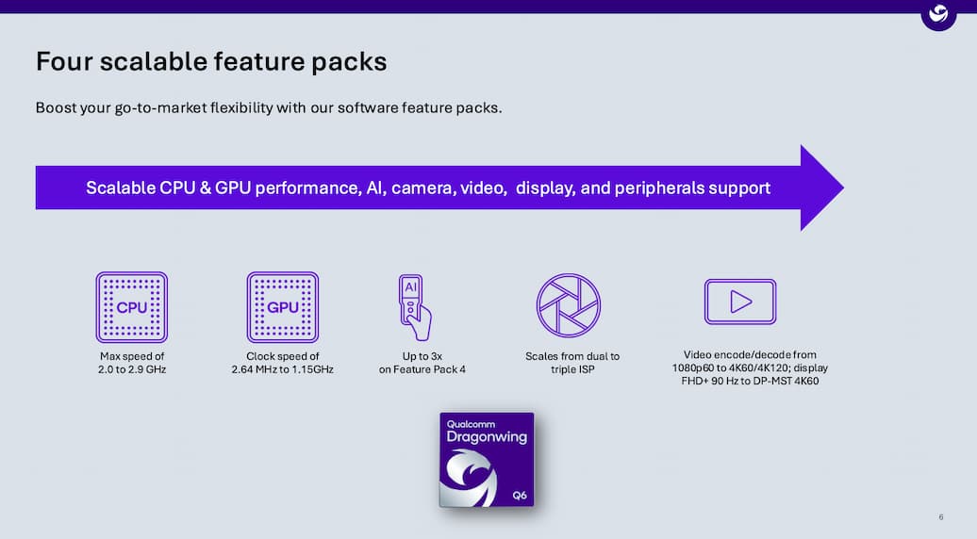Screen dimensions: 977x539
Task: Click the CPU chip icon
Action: [x=131, y=307]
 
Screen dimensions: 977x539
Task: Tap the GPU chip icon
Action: [x=282, y=307]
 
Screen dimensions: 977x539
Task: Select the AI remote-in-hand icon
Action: [x=415, y=307]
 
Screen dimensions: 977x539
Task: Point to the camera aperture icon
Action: [x=569, y=305]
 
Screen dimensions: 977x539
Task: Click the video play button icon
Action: [x=740, y=302]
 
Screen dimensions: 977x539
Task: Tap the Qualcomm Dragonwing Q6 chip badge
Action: [x=487, y=459]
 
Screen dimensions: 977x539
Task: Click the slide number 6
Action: [x=941, y=517]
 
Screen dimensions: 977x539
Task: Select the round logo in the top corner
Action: [x=938, y=14]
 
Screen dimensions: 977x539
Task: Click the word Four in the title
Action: [x=64, y=61]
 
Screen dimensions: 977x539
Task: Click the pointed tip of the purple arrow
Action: [x=844, y=188]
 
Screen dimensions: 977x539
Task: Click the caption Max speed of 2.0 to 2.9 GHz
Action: [x=132, y=363]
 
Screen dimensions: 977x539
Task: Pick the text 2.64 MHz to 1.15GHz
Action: [x=282, y=369]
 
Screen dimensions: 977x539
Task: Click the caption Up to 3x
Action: [x=422, y=356]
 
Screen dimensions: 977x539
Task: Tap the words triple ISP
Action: [x=572, y=369]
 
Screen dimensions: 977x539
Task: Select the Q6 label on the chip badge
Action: [x=520, y=496]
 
